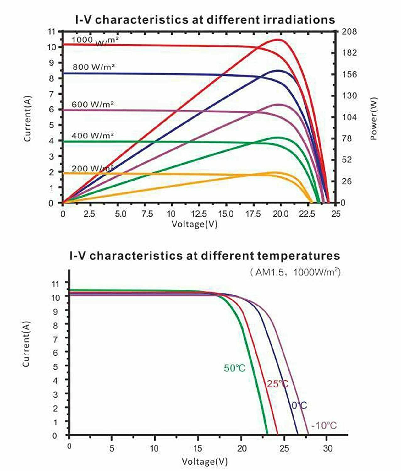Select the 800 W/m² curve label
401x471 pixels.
(93, 67)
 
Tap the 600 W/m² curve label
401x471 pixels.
(92, 104)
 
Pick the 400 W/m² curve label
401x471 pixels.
(92, 136)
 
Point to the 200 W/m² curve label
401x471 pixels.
(92, 169)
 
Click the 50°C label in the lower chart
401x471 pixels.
(234, 368)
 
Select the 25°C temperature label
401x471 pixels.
(277, 384)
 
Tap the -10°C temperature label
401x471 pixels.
(324, 426)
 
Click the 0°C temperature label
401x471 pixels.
(299, 405)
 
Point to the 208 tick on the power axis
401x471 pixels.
(349, 31)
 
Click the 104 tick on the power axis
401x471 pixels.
(349, 117)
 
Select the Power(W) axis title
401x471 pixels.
(374, 118)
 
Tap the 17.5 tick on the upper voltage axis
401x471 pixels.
(253, 214)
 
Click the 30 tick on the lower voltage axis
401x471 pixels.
(327, 448)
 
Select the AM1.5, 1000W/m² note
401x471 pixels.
(295, 272)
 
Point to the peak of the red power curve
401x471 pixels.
(278, 40)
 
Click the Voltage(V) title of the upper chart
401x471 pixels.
(194, 224)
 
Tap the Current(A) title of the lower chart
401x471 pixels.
(26, 344)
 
